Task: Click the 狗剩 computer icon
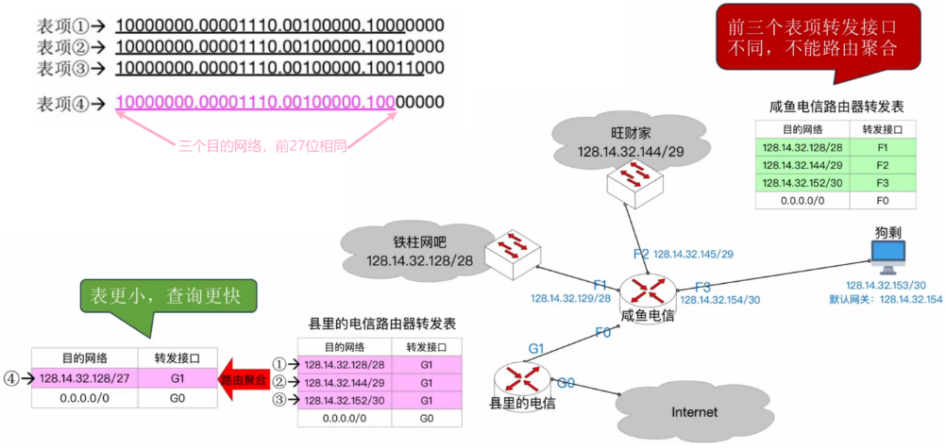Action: pyautogui.click(x=887, y=254)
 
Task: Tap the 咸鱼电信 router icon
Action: pyautogui.click(x=647, y=289)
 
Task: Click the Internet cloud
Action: pyautogui.click(x=693, y=411)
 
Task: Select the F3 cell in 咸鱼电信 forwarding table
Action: pyautogui.click(x=882, y=182)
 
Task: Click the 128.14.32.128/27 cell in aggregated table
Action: pyautogui.click(x=85, y=378)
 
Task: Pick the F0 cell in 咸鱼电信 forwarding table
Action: pyautogui.click(x=882, y=200)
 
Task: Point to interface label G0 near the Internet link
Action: pyautogui.click(x=566, y=384)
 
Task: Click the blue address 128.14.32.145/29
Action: pyautogui.click(x=694, y=254)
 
